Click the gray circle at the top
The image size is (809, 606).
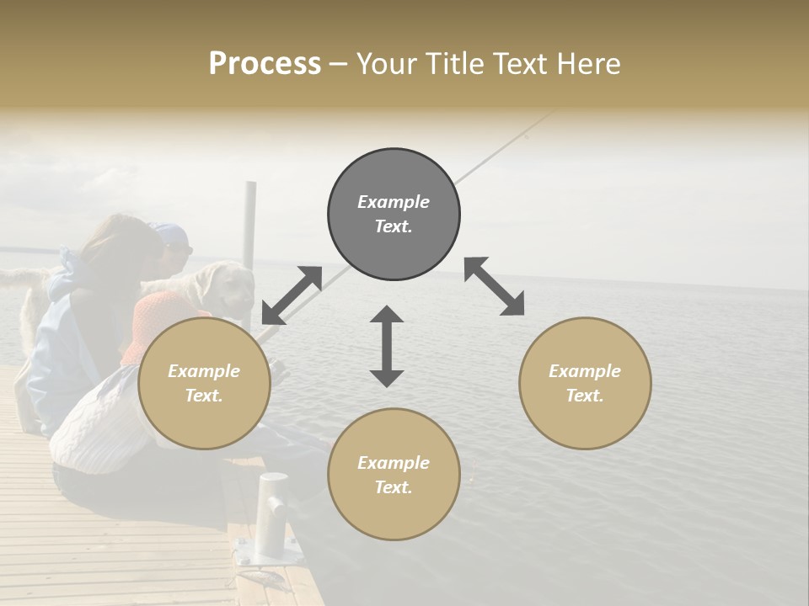coord(394,215)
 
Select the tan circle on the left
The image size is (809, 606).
coord(204,384)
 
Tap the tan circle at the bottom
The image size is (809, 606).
coord(394,474)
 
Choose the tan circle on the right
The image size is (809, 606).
coord(585,384)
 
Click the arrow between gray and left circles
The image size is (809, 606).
coord(292,295)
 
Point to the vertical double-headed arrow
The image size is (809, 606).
coord(387,346)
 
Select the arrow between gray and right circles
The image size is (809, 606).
coord(494,286)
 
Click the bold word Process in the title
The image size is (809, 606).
coord(265,64)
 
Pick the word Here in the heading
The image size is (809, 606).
coord(589,64)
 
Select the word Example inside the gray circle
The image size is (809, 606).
coord(394,202)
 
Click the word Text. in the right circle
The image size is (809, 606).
coord(585,396)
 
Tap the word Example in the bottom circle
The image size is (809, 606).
coord(394,463)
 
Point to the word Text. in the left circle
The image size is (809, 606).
coord(204,396)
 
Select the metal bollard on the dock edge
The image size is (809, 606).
coord(273,513)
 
